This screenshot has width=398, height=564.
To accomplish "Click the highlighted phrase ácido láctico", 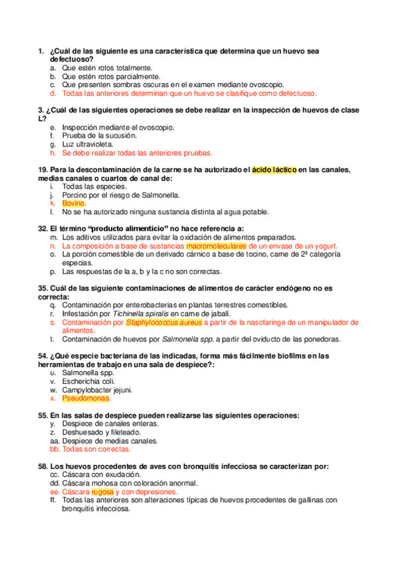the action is coord(274,170).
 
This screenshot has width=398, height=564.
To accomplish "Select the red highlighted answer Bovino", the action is coord(73,203).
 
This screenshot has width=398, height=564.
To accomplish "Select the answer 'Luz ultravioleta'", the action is coord(88,144).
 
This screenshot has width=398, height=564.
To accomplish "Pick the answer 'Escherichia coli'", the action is coord(88,382).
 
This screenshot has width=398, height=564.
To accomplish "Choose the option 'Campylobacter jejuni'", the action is coord(97,390).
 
